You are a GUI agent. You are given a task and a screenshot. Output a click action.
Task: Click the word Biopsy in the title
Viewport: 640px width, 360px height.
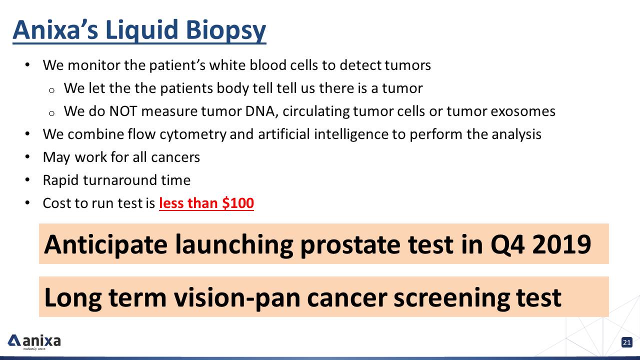pyautogui.click(x=225, y=31)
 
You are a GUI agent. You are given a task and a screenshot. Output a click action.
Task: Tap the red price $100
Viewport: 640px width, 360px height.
pyautogui.click(x=238, y=203)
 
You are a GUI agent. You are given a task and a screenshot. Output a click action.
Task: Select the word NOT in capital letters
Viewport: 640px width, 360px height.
pyautogui.click(x=123, y=111)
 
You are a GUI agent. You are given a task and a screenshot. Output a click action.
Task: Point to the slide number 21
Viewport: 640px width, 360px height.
pyautogui.click(x=627, y=342)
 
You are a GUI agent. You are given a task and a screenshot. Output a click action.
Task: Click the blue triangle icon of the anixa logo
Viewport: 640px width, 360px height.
pyautogui.click(x=14, y=340)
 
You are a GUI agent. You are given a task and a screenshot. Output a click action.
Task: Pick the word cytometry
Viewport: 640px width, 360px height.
pyautogui.click(x=193, y=134)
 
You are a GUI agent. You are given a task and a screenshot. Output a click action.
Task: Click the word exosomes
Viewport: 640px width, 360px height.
pyautogui.click(x=523, y=111)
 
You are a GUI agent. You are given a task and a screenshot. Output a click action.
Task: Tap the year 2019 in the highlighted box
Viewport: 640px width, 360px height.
pyautogui.click(x=561, y=244)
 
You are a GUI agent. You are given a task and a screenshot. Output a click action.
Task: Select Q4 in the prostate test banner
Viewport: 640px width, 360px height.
pyautogui.click(x=507, y=244)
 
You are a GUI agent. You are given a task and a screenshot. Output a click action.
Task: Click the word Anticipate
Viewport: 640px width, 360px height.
pyautogui.click(x=105, y=245)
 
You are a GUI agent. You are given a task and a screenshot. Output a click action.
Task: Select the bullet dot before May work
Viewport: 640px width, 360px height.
pyautogui.click(x=27, y=157)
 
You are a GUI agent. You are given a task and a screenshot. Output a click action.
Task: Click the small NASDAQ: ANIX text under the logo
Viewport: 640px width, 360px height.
pyautogui.click(x=34, y=349)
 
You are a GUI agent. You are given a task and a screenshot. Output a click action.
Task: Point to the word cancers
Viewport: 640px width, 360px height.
pyautogui.click(x=175, y=157)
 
